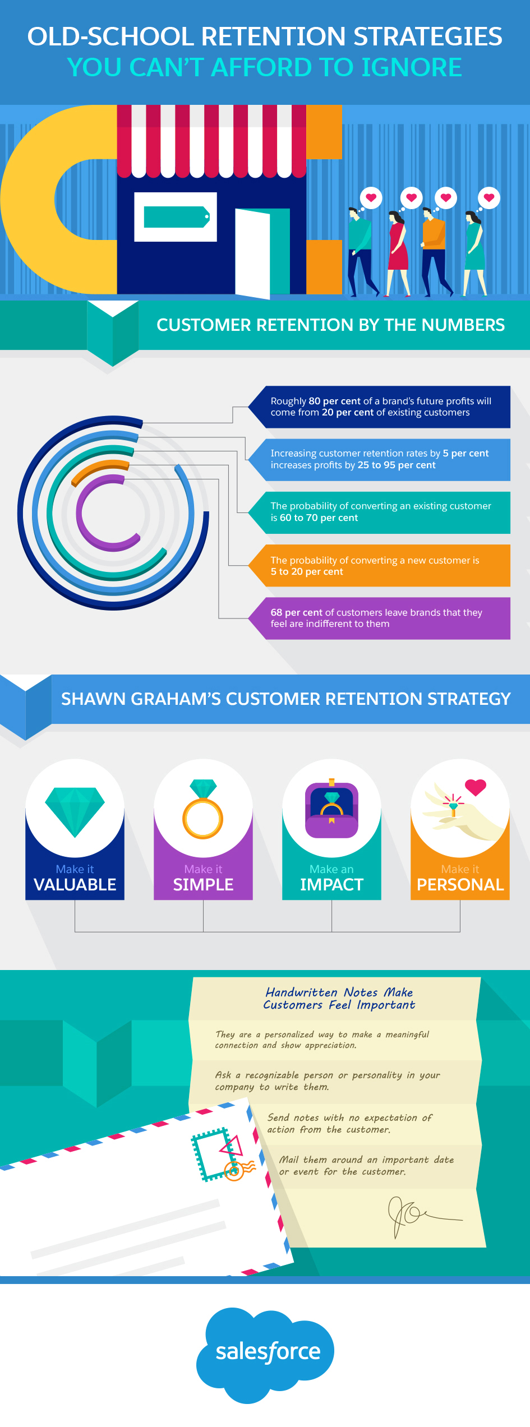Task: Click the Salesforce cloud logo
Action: pyautogui.click(x=266, y=1352)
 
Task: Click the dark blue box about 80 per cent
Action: pyautogui.click(x=380, y=407)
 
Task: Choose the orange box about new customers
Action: pyautogui.click(x=380, y=566)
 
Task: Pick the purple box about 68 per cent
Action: pyautogui.click(x=380, y=618)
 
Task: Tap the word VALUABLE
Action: pyautogui.click(x=75, y=885)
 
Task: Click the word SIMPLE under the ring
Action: pyautogui.click(x=203, y=885)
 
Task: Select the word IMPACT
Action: pyautogui.click(x=331, y=885)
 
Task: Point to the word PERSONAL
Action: pyautogui.click(x=460, y=885)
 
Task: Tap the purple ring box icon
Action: pyautogui.click(x=331, y=810)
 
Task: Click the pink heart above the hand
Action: pyautogui.click(x=476, y=787)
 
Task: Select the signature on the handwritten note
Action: pyautogui.click(x=415, y=1215)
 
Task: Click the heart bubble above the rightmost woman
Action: pyautogui.click(x=489, y=198)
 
